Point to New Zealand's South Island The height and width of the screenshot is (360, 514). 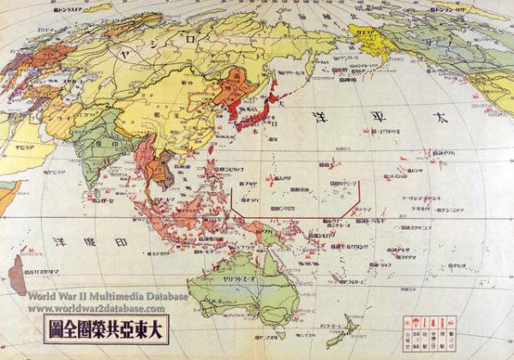344,335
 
